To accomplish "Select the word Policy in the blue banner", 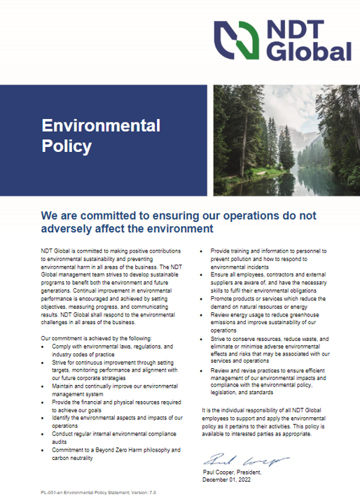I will [67, 146].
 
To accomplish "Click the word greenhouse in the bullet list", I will [305, 317].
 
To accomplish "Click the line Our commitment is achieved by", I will [91, 338].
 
